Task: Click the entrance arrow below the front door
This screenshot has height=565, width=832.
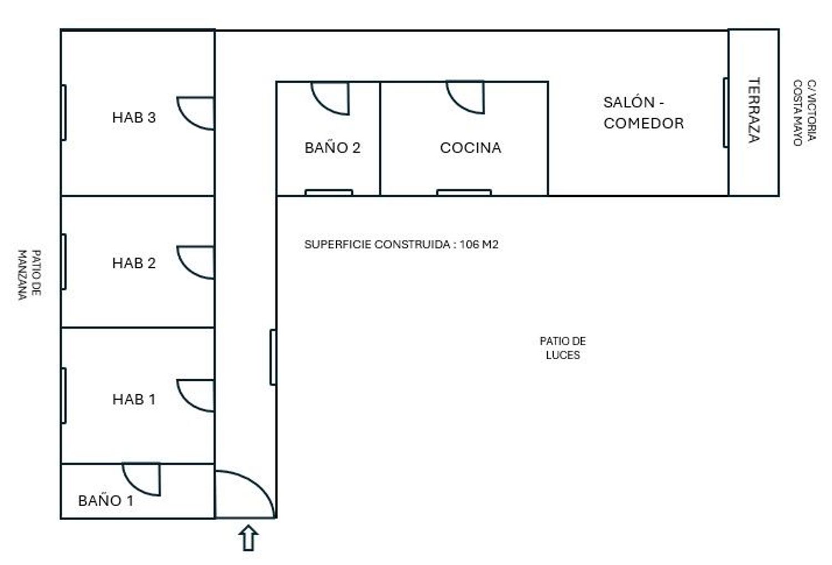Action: click(x=248, y=538)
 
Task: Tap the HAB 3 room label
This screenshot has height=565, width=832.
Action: click(x=134, y=118)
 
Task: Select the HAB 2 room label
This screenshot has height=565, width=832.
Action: click(x=134, y=263)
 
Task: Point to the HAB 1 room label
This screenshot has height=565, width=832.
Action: click(x=134, y=399)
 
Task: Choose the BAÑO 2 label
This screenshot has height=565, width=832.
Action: click(x=332, y=147)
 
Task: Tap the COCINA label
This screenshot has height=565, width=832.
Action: click(x=470, y=147)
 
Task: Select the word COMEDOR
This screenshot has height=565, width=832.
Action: click(x=643, y=123)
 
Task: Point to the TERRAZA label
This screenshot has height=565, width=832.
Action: click(x=754, y=110)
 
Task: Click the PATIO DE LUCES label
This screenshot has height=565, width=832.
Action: click(x=563, y=348)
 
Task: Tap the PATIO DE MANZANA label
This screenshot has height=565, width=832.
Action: click(x=29, y=274)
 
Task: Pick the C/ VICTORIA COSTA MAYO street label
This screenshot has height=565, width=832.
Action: click(x=805, y=113)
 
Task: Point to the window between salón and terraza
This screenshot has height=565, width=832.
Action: click(x=726, y=113)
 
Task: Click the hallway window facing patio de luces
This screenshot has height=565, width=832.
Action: click(x=273, y=357)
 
